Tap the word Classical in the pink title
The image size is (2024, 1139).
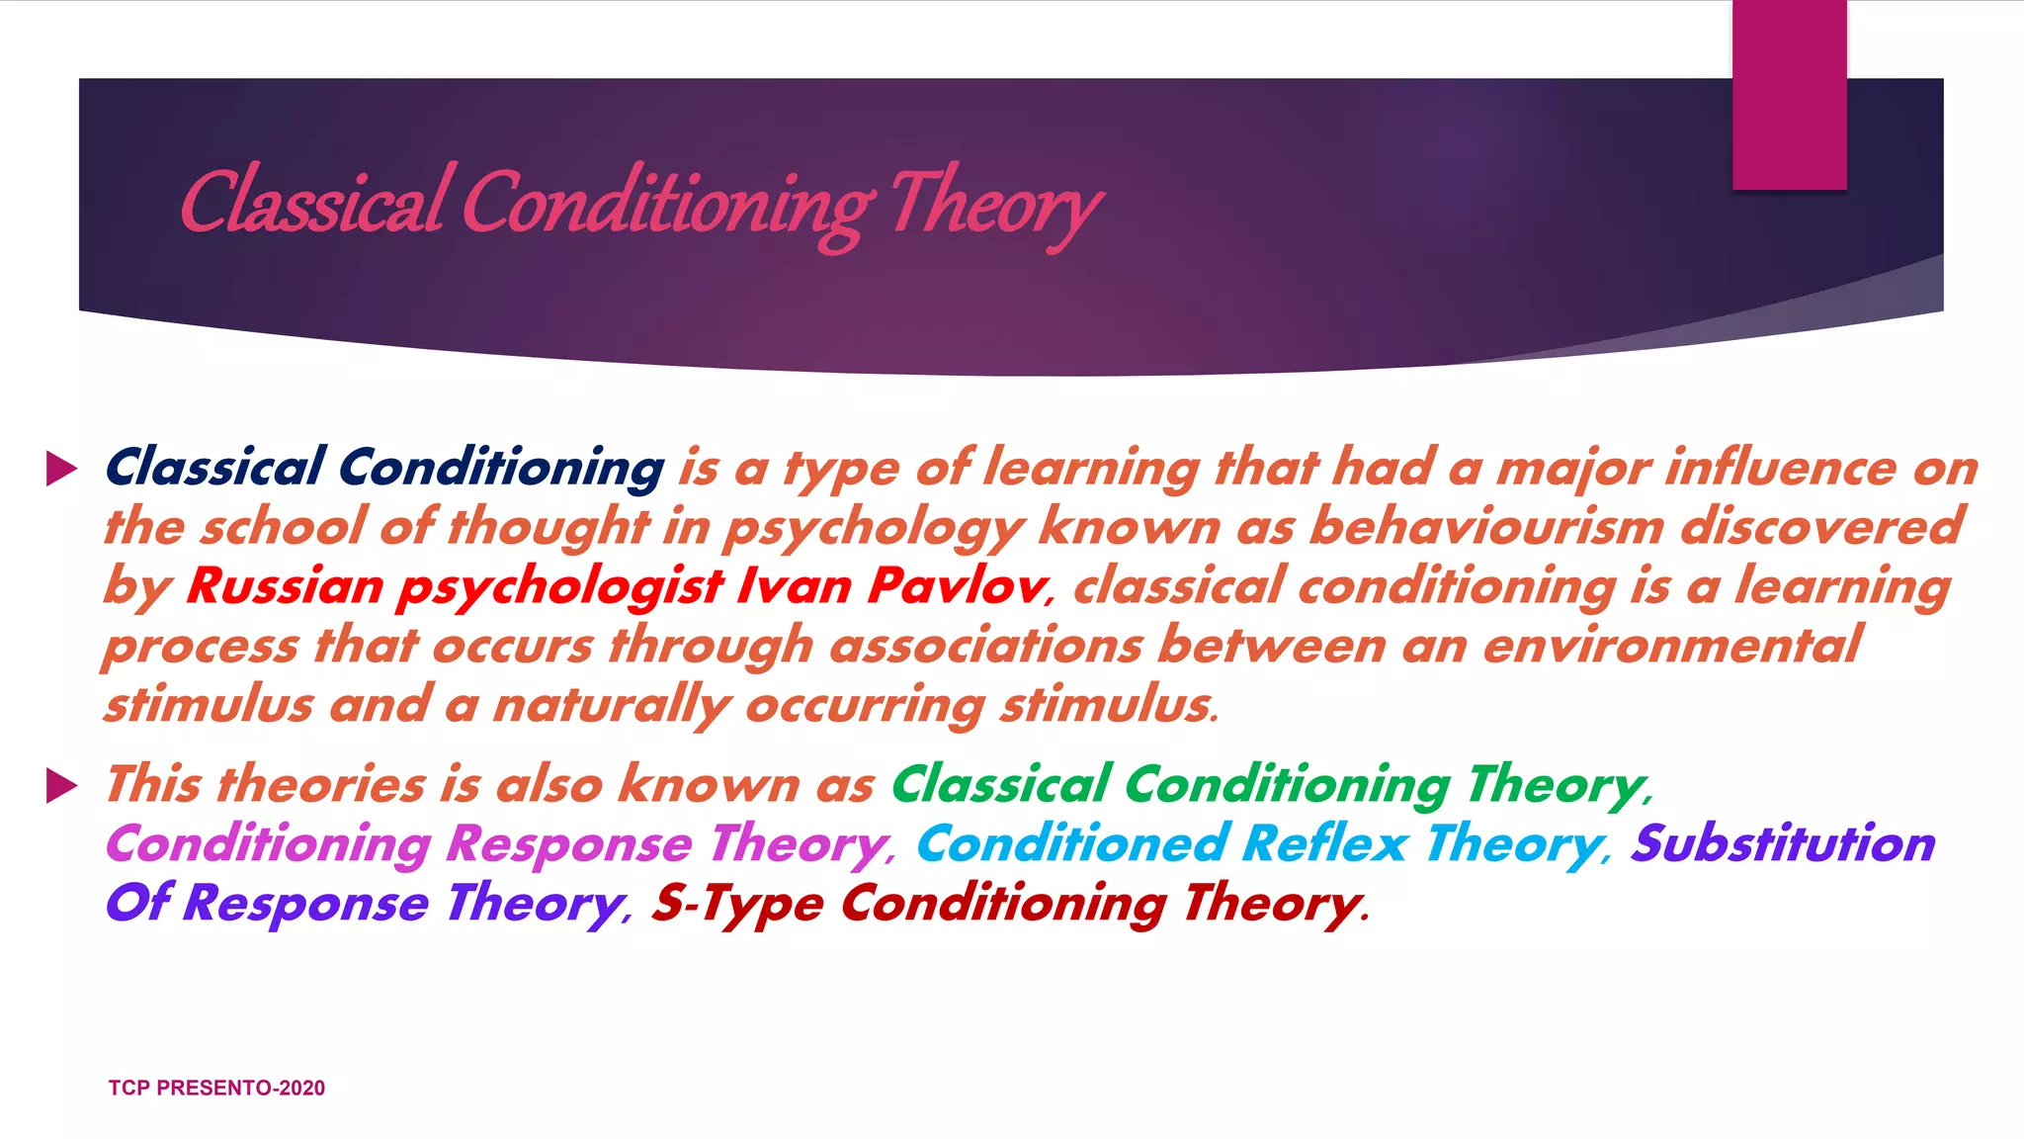[x=312, y=204]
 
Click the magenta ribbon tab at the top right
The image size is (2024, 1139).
[x=1789, y=95]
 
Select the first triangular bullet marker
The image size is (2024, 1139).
[x=61, y=469]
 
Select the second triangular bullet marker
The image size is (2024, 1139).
[x=61, y=786]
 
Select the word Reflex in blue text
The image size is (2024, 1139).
[x=1324, y=845]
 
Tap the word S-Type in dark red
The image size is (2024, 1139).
[x=737, y=905]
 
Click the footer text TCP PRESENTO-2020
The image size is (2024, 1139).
[x=216, y=1088]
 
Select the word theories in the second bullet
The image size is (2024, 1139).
[x=321, y=786]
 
